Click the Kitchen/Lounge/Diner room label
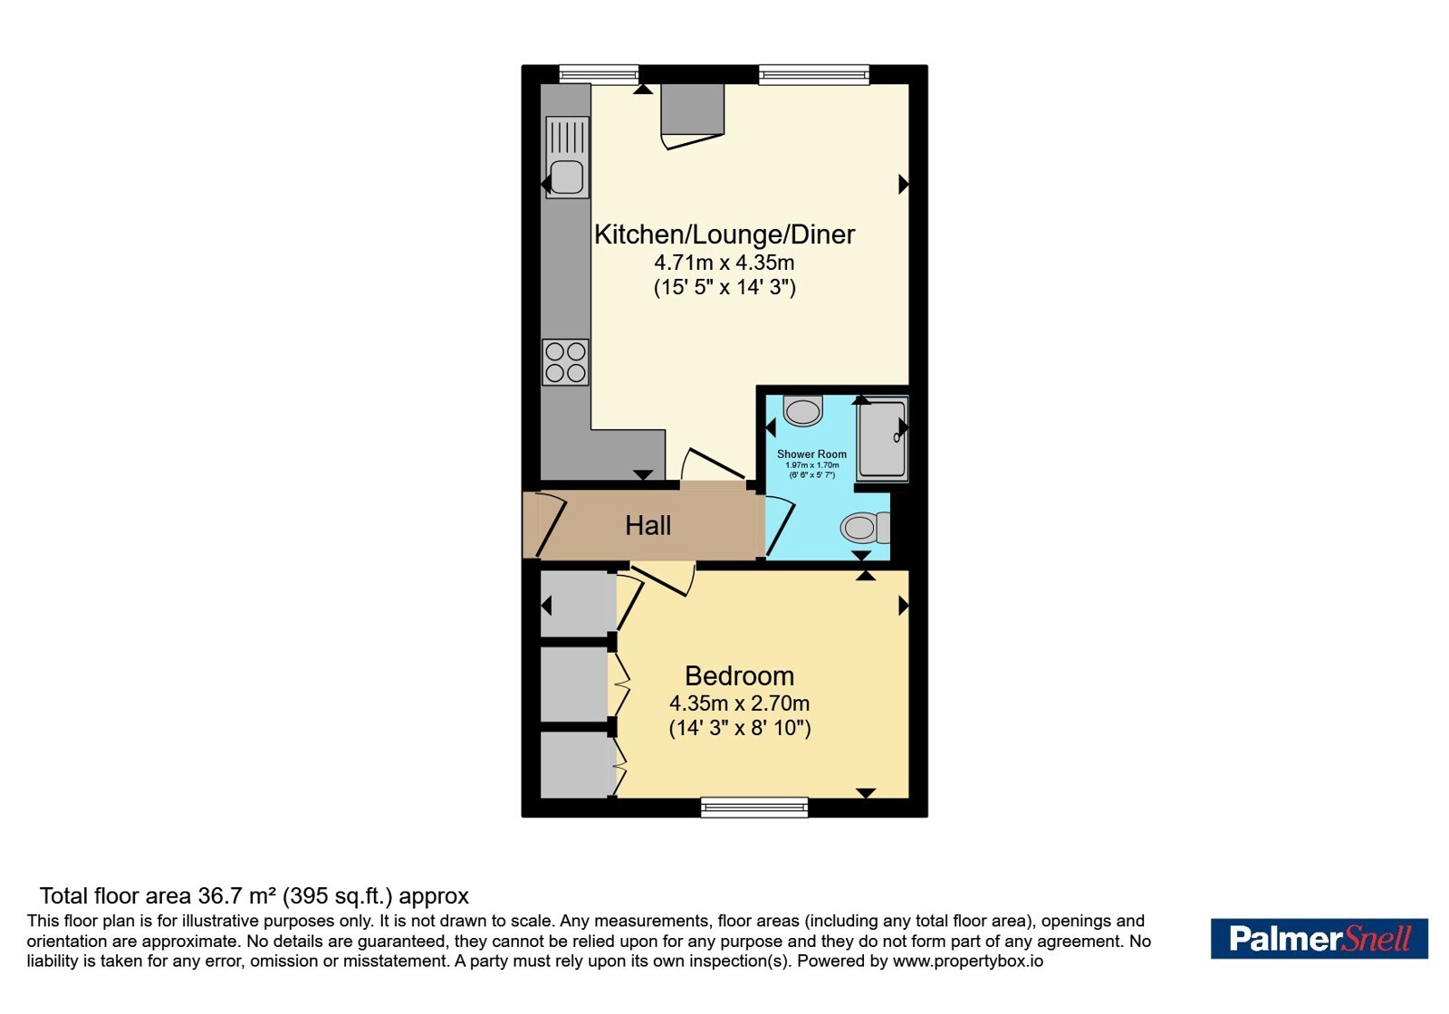tap(724, 234)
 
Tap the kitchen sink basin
tap(567, 177)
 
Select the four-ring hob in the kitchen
tap(565, 362)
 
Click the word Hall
tap(648, 526)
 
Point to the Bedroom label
tap(739, 675)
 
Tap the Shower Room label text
tap(811, 454)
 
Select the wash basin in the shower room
tap(802, 411)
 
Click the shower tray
tap(882, 439)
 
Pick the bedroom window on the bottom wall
tap(754, 807)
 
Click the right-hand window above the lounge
tap(814, 74)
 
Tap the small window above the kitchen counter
tap(599, 74)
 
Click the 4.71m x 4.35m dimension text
tap(724, 263)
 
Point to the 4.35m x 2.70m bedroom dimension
tap(739, 703)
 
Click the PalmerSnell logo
tap(1319, 938)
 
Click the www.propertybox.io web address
tap(968, 961)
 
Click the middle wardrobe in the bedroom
tap(574, 684)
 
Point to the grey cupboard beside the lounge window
tap(692, 110)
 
